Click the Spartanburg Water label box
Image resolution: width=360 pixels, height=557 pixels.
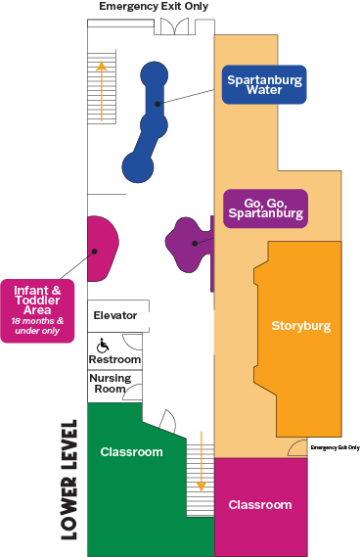(262, 84)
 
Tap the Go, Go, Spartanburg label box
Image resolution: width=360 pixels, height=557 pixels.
(264, 207)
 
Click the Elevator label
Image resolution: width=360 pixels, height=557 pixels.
(114, 315)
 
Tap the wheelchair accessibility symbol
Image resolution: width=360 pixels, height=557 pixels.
(103, 344)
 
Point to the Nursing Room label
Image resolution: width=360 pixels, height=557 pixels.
(110, 383)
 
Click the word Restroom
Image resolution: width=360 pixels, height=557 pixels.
(115, 359)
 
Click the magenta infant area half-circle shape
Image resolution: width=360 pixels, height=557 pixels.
(102, 250)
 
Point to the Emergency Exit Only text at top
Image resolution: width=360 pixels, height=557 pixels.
(155, 7)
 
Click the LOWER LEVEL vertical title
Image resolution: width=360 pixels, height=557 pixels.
(69, 480)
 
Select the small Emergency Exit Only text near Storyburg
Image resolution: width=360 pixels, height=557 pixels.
(336, 447)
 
